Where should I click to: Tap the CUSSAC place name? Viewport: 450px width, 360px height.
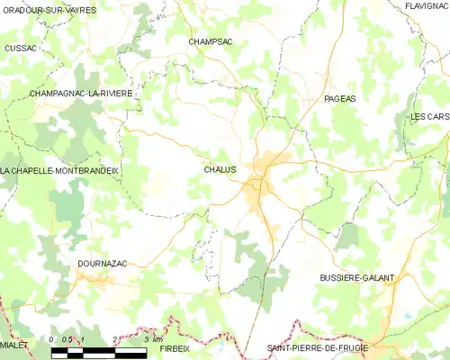pyautogui.click(x=21, y=48)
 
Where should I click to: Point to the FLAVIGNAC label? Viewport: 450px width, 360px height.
pyautogui.click(x=427, y=6)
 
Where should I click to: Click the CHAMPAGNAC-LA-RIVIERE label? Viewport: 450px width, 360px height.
pyautogui.click(x=80, y=93)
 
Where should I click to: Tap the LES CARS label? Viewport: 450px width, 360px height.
pyautogui.click(x=428, y=117)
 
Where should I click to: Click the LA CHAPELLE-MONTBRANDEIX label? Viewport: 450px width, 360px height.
pyautogui.click(x=59, y=170)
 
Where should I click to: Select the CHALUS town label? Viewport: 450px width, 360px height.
pyautogui.click(x=220, y=169)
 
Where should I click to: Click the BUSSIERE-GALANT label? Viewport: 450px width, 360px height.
pyautogui.click(x=356, y=278)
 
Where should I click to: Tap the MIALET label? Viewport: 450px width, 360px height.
pyautogui.click(x=13, y=344)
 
